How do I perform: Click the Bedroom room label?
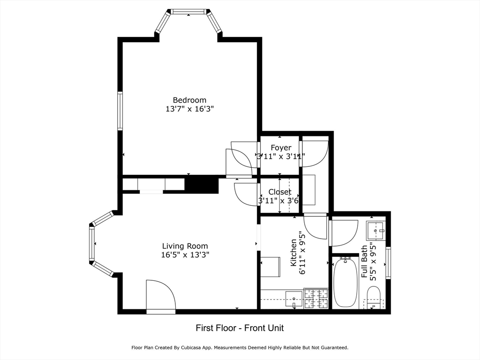pos(189,100)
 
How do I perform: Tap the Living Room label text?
pos(185,246)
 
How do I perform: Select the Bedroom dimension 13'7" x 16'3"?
pos(189,109)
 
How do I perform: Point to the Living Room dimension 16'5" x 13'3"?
pos(185,255)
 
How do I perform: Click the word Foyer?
pos(281,148)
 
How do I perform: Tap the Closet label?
pos(280,192)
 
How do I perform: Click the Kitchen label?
pos(293,253)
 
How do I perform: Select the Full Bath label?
pos(364,262)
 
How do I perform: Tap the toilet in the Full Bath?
pos(374,297)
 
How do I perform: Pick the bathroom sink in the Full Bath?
pos(375,231)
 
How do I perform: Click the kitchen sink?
pos(294,299)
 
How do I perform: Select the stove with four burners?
pos(316,298)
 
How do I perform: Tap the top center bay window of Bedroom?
pos(188,12)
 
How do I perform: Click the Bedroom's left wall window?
pos(120,111)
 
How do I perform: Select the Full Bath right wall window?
pos(388,263)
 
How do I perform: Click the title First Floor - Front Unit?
pos(240,328)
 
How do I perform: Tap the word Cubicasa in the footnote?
pos(190,348)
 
